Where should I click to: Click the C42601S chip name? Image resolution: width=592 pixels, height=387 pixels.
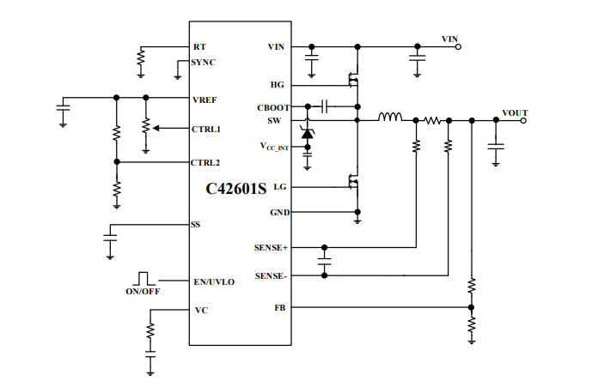pyautogui.click(x=236, y=189)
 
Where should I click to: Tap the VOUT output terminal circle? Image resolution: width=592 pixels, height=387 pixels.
pyautogui.click(x=523, y=121)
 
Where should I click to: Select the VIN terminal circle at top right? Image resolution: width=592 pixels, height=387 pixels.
pyautogui.click(x=458, y=47)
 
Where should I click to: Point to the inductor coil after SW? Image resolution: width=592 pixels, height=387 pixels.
pyautogui.click(x=390, y=117)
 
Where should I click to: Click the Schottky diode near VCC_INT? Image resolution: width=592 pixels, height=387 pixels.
pyautogui.click(x=308, y=133)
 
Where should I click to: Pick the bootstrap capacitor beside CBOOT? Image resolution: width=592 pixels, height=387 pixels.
pyautogui.click(x=324, y=106)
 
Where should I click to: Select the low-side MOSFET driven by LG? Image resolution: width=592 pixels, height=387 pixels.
pyautogui.click(x=354, y=182)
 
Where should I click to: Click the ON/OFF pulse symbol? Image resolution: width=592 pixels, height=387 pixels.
pyautogui.click(x=143, y=278)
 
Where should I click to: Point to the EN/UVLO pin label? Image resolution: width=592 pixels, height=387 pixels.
pyautogui.click(x=214, y=281)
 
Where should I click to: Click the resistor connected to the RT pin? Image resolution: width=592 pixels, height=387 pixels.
pyautogui.click(x=141, y=58)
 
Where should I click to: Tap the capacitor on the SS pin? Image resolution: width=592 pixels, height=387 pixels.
pyautogui.click(x=110, y=238)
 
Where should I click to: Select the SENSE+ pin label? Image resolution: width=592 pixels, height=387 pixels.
pyautogui.click(x=271, y=248)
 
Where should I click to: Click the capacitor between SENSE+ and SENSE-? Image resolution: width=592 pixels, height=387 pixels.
pyautogui.click(x=324, y=262)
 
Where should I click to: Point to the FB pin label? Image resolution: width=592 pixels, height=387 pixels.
pyautogui.click(x=280, y=308)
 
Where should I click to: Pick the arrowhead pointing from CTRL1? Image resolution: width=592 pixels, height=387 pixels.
pyautogui.click(x=156, y=128)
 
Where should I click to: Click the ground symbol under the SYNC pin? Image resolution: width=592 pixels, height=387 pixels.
pyautogui.click(x=178, y=77)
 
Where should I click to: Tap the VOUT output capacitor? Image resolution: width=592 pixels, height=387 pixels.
pyautogui.click(x=496, y=147)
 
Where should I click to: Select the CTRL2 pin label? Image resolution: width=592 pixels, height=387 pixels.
pyautogui.click(x=205, y=163)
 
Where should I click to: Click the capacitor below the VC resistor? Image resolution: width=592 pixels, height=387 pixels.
pyautogui.click(x=150, y=354)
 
